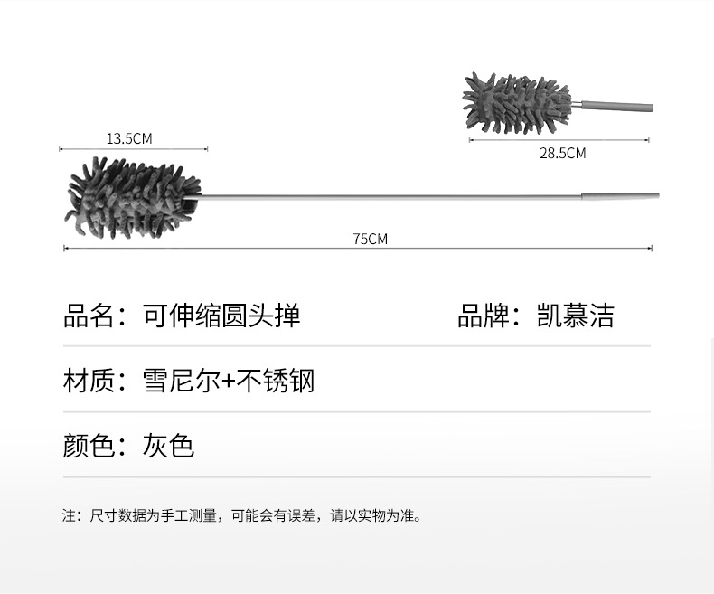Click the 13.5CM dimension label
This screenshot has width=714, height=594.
[x=129, y=138]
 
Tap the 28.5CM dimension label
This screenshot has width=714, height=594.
[x=562, y=154]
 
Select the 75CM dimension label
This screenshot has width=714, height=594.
[x=370, y=239]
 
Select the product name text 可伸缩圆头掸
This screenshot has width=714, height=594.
[x=221, y=316]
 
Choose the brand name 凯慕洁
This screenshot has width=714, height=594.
[x=575, y=316]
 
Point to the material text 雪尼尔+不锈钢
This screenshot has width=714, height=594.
[x=228, y=381]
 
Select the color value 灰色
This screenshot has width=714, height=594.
[x=168, y=446]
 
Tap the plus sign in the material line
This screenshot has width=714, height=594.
[x=229, y=382]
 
